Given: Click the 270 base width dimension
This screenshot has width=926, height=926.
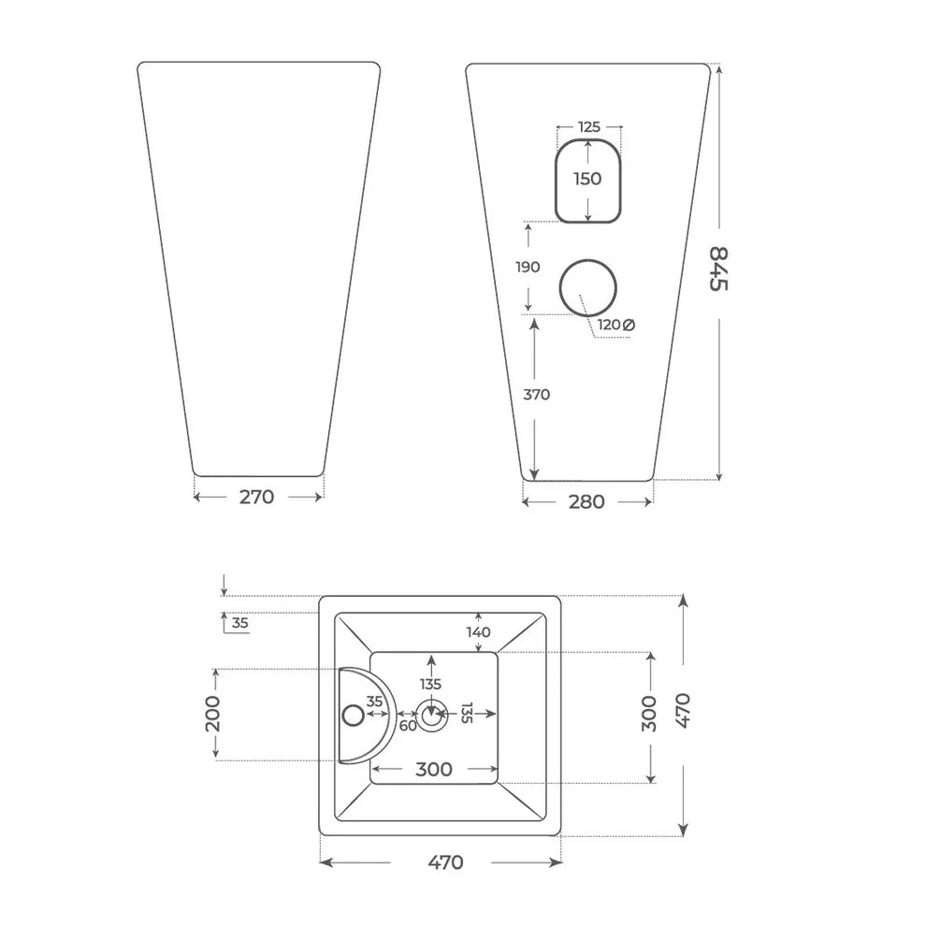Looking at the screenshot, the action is [x=257, y=498].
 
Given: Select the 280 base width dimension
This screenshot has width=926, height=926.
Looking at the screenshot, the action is [x=586, y=502].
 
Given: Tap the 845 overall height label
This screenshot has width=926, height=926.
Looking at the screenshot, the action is [x=718, y=268].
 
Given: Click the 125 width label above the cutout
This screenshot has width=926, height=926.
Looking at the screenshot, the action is [x=588, y=126].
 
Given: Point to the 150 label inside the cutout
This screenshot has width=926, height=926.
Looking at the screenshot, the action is [x=587, y=179].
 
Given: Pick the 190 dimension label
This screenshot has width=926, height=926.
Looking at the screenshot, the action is [x=528, y=267].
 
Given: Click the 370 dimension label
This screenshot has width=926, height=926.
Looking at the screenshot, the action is [x=536, y=395].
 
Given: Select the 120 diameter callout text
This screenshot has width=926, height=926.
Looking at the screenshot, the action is [x=615, y=325].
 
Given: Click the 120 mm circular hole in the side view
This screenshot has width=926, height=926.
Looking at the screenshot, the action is [x=588, y=260].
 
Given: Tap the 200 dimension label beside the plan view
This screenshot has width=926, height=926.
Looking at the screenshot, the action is [x=212, y=714].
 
